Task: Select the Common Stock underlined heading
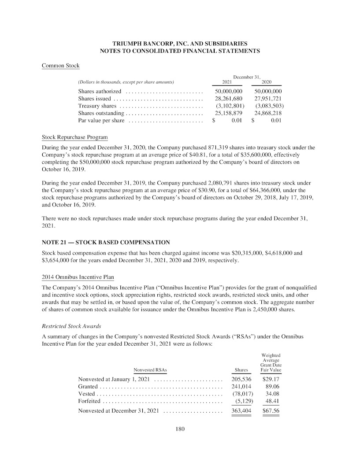[60, 66]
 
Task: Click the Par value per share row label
[101, 121]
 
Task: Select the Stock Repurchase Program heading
[74, 137]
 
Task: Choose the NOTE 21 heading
[105, 243]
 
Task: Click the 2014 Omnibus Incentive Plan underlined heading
[78, 277]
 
